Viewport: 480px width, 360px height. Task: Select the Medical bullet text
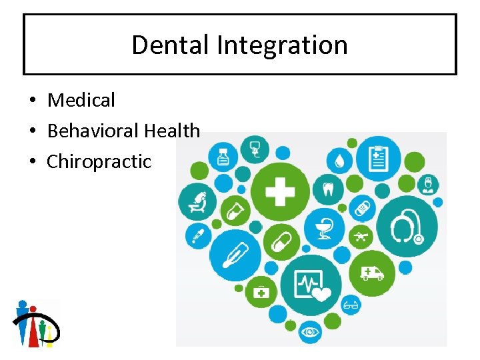click(81, 100)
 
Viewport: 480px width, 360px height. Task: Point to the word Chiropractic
click(99, 161)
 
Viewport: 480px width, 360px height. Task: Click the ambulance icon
click(372, 272)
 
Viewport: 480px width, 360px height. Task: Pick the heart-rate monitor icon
click(311, 285)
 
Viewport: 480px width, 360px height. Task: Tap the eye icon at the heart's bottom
click(309, 331)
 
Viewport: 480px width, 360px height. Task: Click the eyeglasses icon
click(351, 307)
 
